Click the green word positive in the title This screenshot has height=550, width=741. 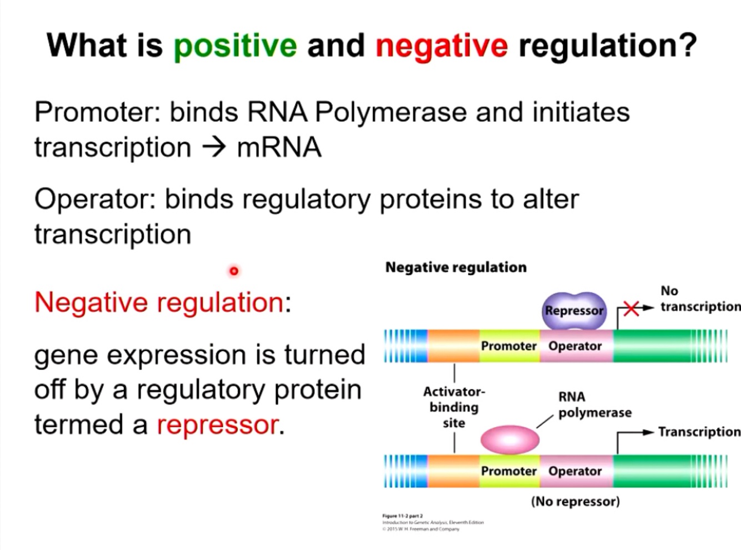[235, 46]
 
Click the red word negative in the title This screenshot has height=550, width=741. [441, 46]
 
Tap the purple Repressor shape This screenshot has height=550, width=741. [574, 310]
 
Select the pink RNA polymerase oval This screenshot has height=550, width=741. [509, 439]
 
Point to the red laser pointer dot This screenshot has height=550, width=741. [234, 271]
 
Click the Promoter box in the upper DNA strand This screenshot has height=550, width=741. [509, 346]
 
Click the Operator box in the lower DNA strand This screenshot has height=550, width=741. [575, 471]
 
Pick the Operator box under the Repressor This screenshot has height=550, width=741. [575, 346]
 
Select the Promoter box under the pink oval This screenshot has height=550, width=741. [509, 471]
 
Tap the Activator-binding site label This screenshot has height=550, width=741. [454, 407]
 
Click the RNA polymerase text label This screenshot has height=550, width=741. [594, 404]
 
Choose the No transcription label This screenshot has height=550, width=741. [699, 299]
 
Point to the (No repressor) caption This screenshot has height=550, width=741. [575, 501]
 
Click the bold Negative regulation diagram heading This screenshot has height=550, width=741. [455, 267]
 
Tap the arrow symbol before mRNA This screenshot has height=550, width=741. [214, 147]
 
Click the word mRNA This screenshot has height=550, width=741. [279, 147]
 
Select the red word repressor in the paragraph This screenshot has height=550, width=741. [217, 425]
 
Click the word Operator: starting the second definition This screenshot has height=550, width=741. [94, 199]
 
